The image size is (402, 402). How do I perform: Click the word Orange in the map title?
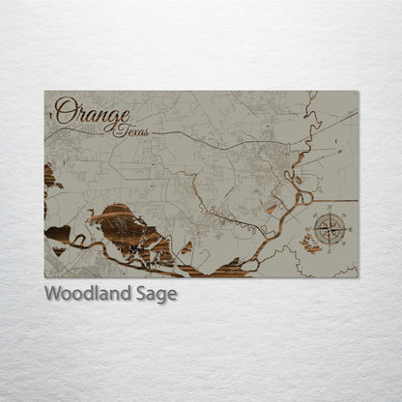[x=92, y=112]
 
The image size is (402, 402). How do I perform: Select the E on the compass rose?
[x=349, y=231]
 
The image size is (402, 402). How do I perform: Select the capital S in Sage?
[x=141, y=294]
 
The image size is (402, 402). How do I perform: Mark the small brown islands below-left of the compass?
[x=311, y=247]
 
